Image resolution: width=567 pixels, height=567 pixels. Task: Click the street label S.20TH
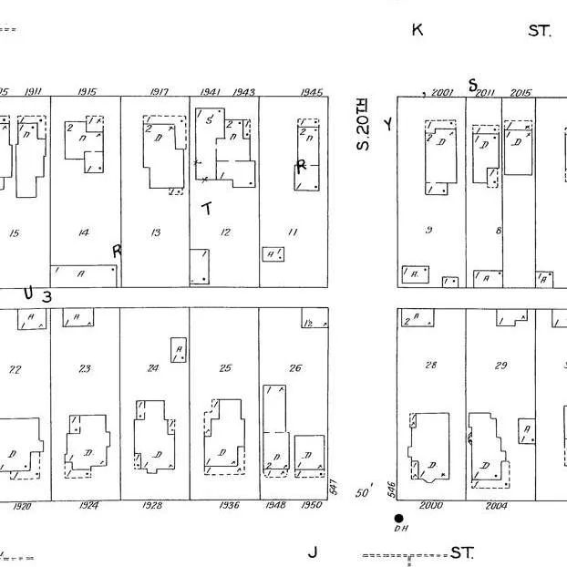coord(364,125)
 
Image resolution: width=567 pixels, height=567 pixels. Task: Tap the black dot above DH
coord(398,518)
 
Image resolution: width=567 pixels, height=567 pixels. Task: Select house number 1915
coord(88,92)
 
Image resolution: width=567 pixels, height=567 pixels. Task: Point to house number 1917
coord(159,92)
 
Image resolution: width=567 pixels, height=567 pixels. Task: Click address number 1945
coord(311,92)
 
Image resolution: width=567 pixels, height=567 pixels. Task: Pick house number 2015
coord(521,92)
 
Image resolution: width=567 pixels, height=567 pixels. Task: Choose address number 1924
coord(88,505)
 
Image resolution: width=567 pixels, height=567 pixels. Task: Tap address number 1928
coord(153,505)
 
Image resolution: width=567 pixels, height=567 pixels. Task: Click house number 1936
coord(229,505)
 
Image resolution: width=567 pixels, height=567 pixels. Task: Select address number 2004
coord(496,505)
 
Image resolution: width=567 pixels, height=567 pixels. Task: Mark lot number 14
coord(84,233)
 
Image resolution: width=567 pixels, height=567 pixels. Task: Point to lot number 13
coord(155,233)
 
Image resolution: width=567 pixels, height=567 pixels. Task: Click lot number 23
coord(85,368)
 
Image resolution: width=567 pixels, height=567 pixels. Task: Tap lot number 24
coord(153,368)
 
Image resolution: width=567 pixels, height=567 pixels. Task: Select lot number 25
coord(225,368)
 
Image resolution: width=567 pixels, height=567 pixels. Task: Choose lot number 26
coord(294,368)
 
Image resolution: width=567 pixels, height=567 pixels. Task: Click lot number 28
coord(431,365)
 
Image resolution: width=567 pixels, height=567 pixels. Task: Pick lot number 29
coord(500,366)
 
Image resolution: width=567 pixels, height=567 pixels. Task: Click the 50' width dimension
coord(363,493)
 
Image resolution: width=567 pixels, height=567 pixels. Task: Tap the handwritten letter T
coord(207,209)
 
